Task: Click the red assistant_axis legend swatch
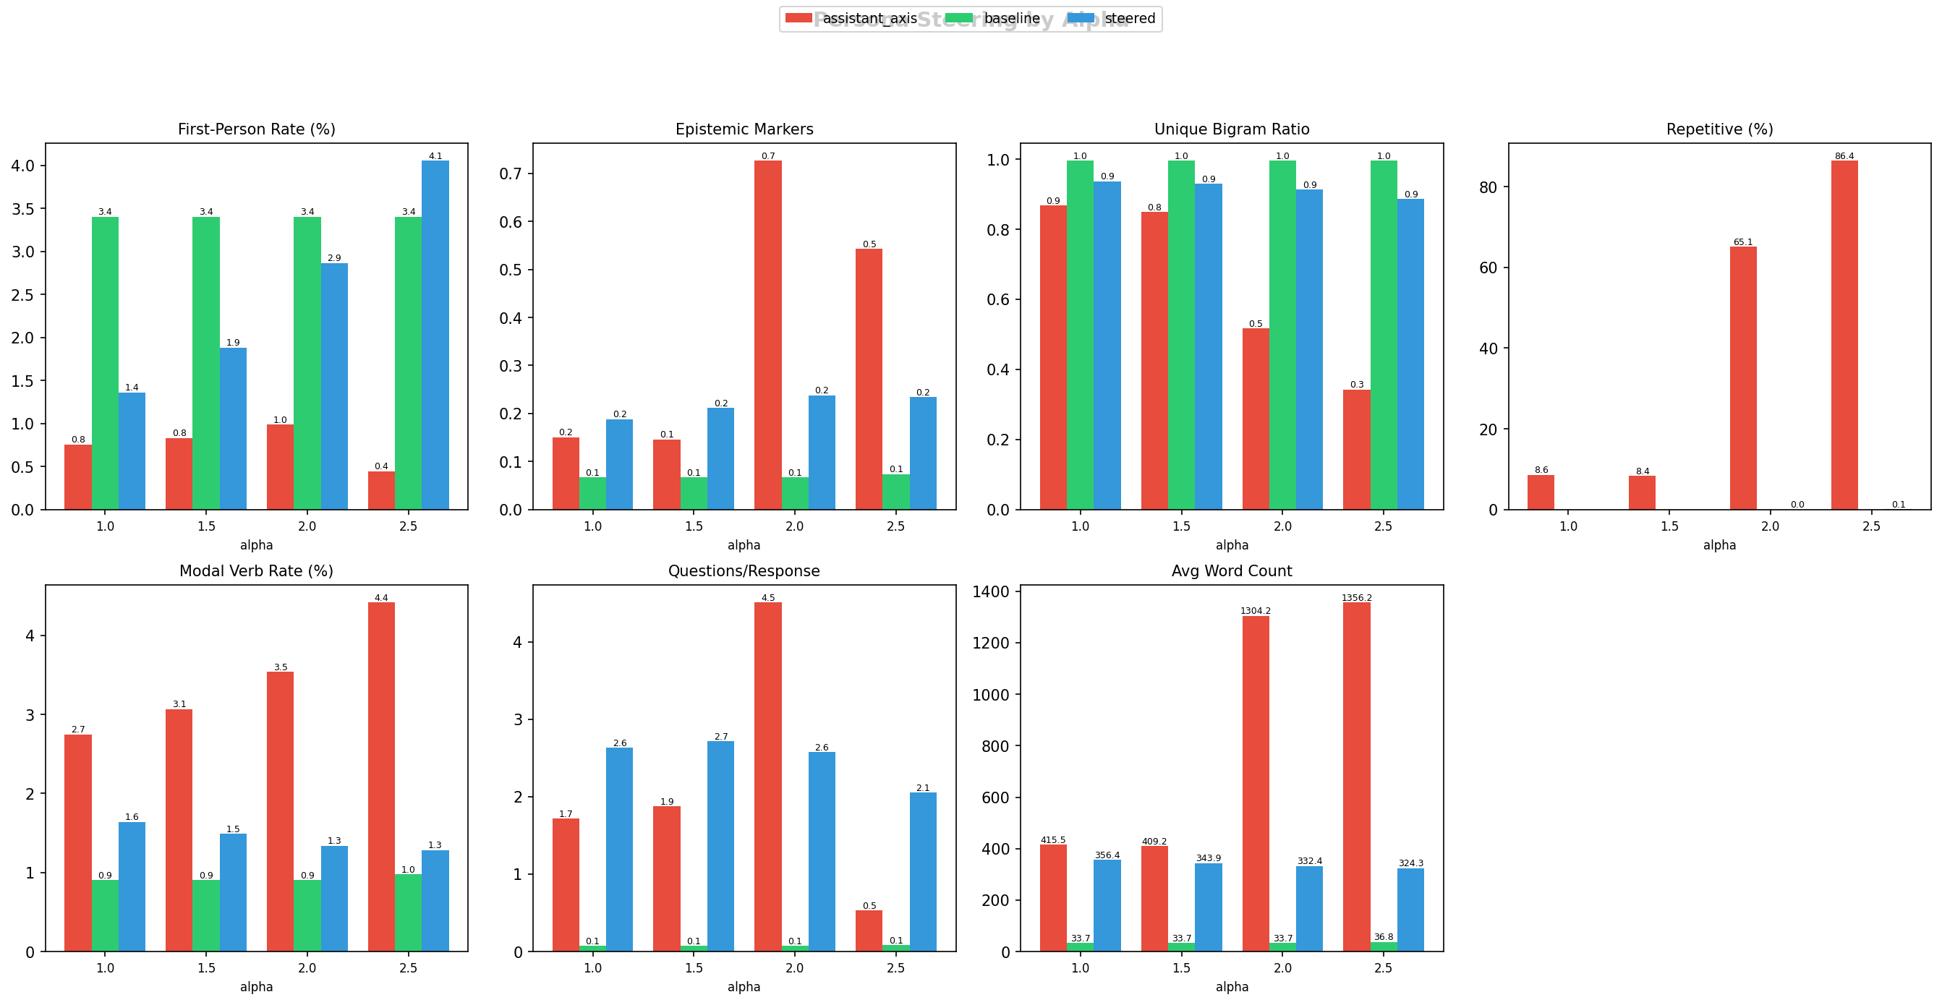[x=798, y=18]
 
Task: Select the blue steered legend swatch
[x=1081, y=18]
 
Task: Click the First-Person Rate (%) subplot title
[x=256, y=129]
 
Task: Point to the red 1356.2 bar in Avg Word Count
[x=1356, y=777]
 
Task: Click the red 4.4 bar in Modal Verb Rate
[x=381, y=777]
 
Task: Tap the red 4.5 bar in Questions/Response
[x=767, y=777]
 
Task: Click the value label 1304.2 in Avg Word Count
[x=1255, y=611]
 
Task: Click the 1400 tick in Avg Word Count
[x=991, y=592]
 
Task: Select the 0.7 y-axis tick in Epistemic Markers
[x=511, y=174]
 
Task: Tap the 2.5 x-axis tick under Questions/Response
[x=895, y=967]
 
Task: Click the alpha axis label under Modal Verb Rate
[x=256, y=987]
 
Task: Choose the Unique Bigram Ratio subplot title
[x=1232, y=129]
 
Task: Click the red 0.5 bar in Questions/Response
[x=869, y=931]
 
